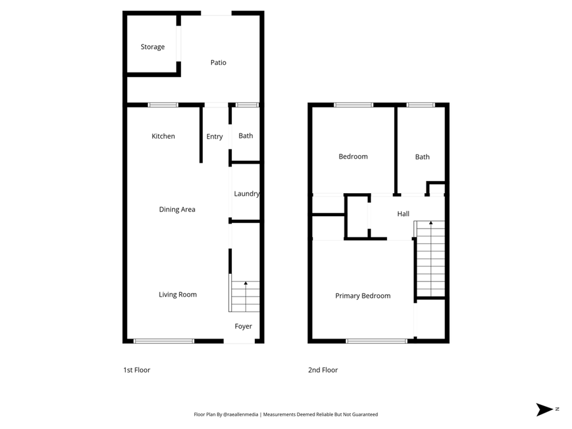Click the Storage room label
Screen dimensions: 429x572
pos(153,47)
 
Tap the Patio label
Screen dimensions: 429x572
pos(218,63)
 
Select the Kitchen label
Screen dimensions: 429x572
pos(163,137)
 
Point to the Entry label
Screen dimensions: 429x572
pos(215,137)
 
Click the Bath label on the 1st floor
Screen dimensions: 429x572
pos(245,136)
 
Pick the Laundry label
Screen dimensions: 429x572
pos(247,194)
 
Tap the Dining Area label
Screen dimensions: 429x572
pos(177,210)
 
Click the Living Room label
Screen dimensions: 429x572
pos(177,295)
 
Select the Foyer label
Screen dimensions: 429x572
pos(243,327)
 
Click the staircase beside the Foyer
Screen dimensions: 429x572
pos(245,296)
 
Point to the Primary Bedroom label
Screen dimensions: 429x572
pos(363,296)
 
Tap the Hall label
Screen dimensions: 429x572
pos(403,214)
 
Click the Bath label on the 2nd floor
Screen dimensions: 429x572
pos(422,157)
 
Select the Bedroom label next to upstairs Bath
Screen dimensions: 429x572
pos(353,157)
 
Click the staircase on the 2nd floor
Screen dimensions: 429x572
pos(430,259)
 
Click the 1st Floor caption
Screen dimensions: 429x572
pos(137,370)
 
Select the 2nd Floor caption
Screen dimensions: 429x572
pos(323,370)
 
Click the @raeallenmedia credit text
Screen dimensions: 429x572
pos(241,414)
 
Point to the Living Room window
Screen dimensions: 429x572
pos(164,341)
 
